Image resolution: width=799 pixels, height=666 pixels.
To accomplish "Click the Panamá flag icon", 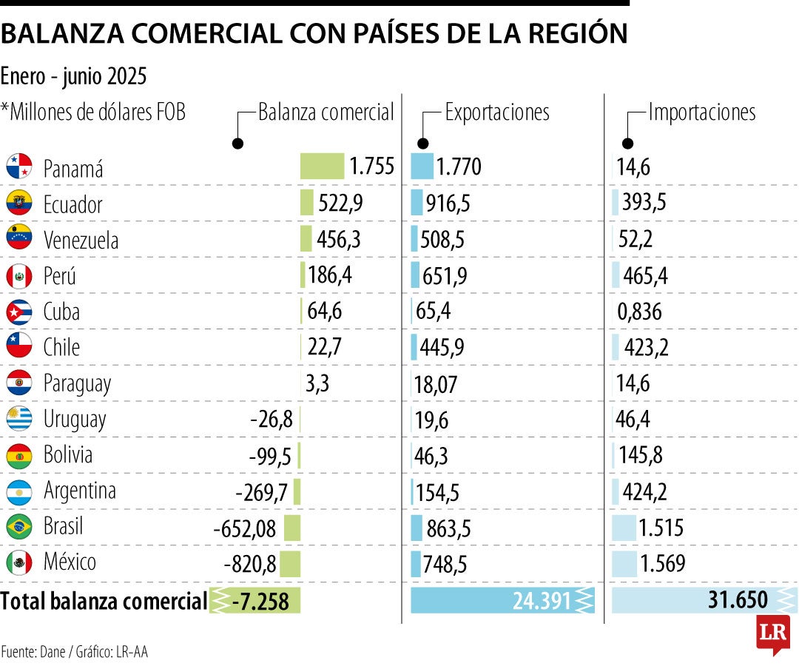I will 19,166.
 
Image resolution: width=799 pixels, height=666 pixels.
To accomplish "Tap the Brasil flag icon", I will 19,528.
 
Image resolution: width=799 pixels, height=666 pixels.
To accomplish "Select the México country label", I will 70,562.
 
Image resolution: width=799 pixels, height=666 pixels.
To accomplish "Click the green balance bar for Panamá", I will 322,166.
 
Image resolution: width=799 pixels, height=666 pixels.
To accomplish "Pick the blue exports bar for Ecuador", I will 417,203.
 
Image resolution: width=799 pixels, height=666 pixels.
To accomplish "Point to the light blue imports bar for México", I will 624,563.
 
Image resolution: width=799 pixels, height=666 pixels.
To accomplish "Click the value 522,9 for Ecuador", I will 340,203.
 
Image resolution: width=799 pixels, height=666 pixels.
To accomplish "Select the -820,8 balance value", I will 250,565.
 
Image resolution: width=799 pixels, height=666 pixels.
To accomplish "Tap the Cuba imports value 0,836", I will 639,312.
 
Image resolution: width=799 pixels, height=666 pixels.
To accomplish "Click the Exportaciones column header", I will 496,112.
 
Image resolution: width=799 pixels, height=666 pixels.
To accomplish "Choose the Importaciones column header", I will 701,112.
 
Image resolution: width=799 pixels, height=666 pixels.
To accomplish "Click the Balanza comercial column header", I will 326,112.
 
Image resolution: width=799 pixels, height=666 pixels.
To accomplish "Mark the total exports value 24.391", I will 542,601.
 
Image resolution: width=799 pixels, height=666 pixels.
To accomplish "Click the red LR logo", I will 772,633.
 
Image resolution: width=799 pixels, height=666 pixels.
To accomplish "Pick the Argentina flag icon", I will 19,491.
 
